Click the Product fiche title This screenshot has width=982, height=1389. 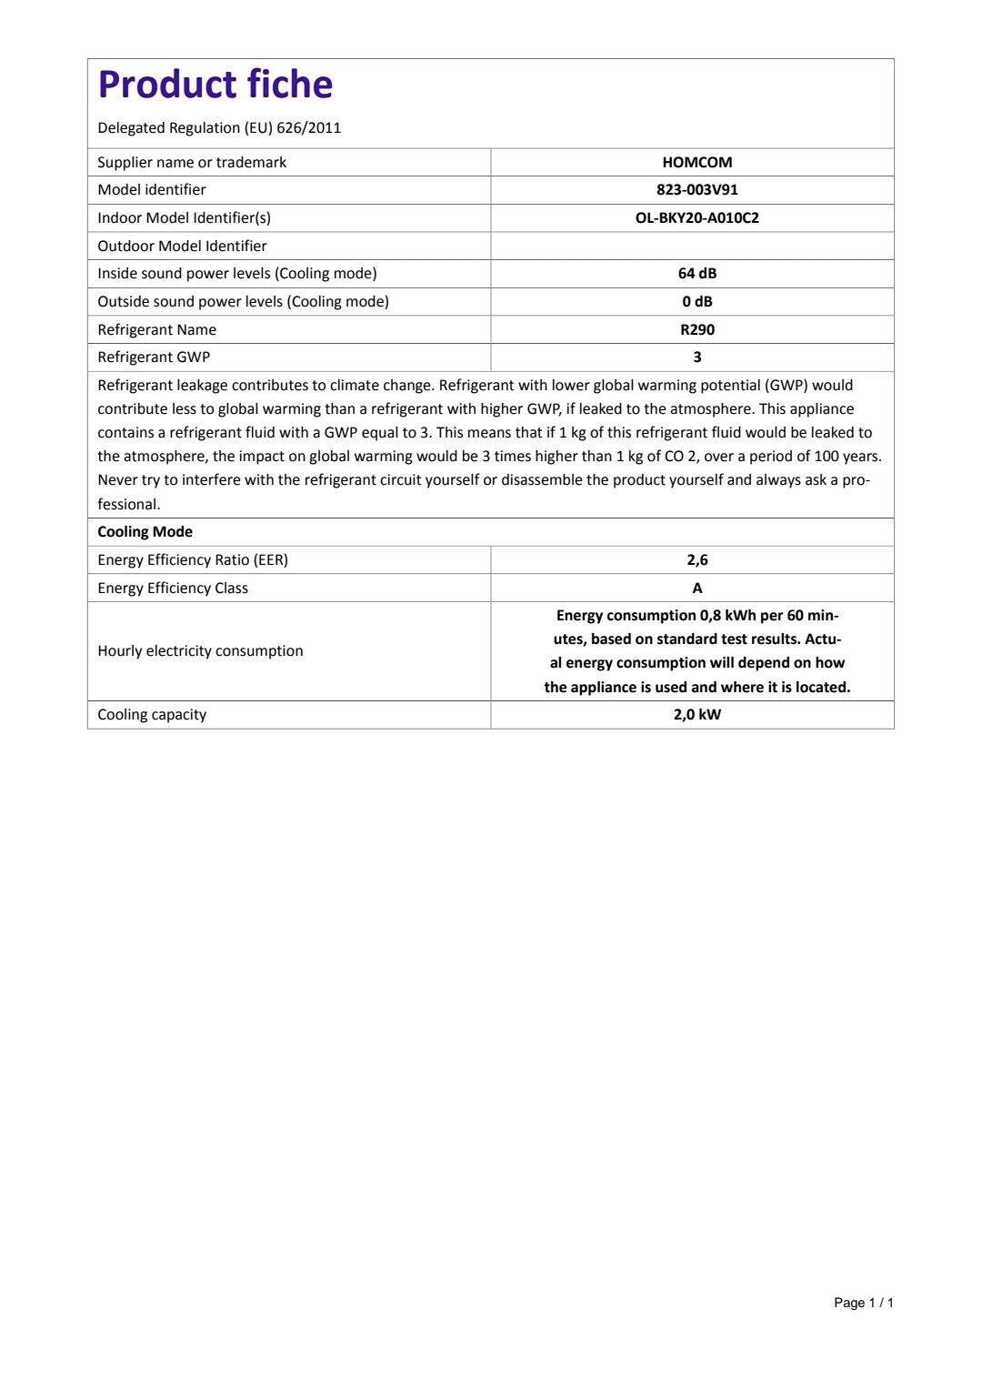[x=215, y=85]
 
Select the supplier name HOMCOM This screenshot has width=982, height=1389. [x=696, y=162]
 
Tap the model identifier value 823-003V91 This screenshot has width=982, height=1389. [x=696, y=190]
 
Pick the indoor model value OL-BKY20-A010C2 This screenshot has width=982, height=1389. [x=696, y=218]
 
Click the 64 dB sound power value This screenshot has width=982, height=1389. [x=696, y=274]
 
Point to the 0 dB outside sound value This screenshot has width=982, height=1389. [x=696, y=302]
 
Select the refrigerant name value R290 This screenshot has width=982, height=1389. [x=696, y=329]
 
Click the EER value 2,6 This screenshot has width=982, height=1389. [x=696, y=560]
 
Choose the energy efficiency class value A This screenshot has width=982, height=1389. [x=696, y=589]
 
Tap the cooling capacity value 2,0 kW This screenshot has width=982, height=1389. [x=696, y=715]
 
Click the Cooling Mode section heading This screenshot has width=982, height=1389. [x=145, y=532]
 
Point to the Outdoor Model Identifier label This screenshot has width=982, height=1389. [x=182, y=246]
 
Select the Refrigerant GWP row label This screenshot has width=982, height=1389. [x=154, y=357]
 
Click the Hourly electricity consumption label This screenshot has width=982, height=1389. [x=200, y=651]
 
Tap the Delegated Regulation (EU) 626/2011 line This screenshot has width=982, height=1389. [x=219, y=128]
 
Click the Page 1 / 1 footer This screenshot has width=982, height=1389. [x=863, y=1303]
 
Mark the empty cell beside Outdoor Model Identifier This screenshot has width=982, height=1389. [x=692, y=246]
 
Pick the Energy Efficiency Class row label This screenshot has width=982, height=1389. [x=173, y=589]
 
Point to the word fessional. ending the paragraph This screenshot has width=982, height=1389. [x=128, y=505]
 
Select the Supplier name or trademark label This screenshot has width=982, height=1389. [x=192, y=162]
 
